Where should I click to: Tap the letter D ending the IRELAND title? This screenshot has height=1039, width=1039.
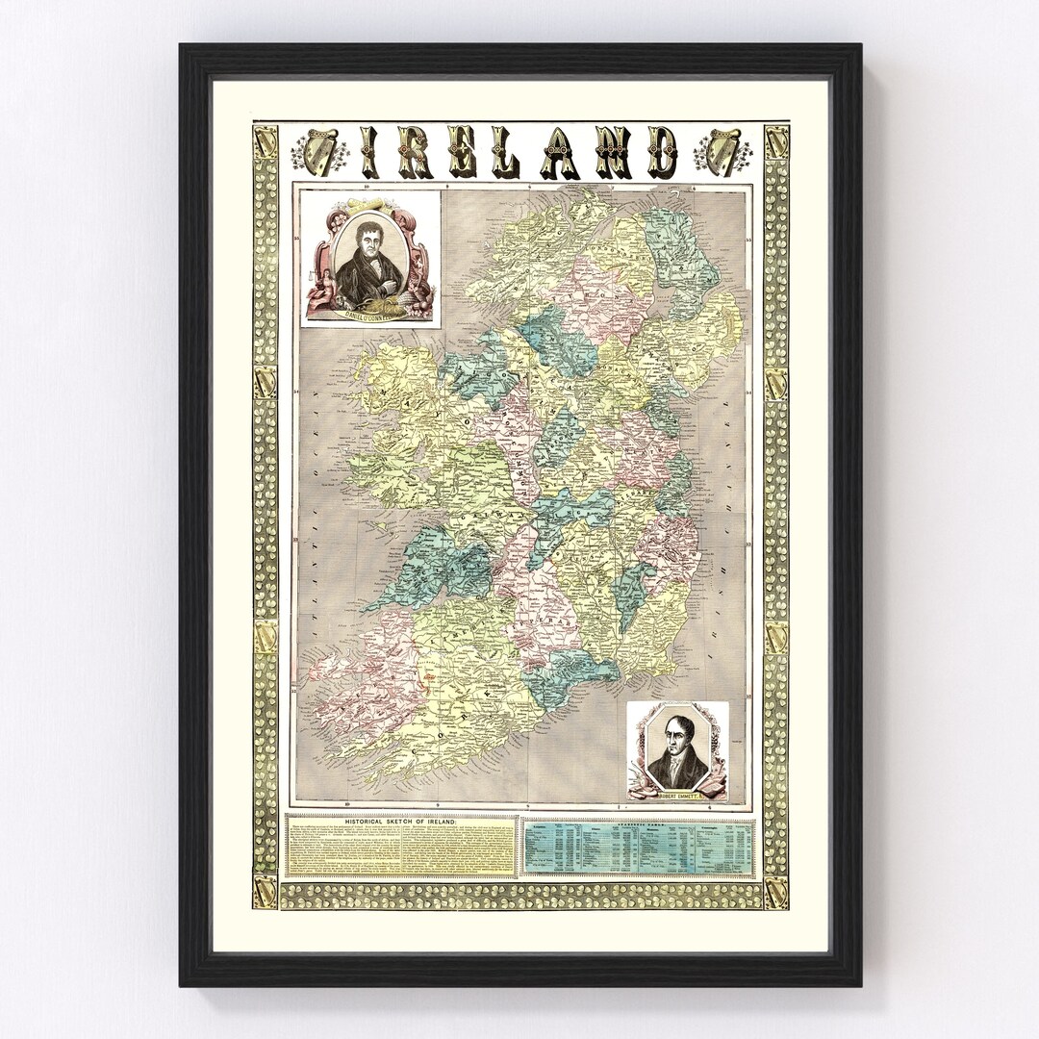(661, 154)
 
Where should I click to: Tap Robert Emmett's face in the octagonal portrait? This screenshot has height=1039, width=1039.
(676, 745)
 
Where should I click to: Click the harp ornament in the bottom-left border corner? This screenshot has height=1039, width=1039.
(266, 891)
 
